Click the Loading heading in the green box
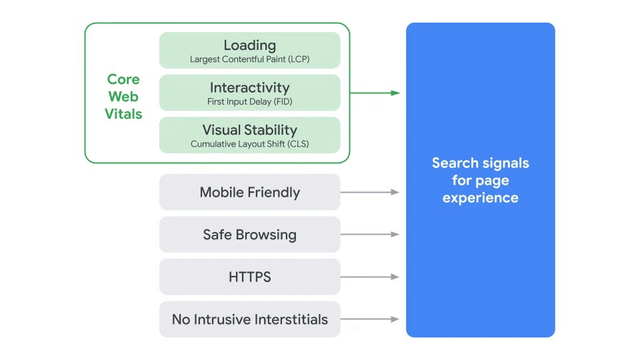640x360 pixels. [250, 45]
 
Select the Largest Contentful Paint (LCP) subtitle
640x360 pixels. [250, 59]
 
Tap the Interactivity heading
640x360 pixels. [250, 87]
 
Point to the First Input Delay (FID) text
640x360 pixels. [250, 102]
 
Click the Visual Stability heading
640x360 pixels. [250, 130]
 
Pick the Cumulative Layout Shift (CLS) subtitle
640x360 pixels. [250, 144]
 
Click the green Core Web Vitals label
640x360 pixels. [123, 97]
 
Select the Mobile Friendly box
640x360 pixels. [250, 193]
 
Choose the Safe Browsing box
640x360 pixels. [250, 235]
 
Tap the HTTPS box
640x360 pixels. [250, 277]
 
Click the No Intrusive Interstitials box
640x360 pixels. [250, 319]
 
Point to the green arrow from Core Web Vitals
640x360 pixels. [375, 93]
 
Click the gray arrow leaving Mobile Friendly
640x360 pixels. [370, 192]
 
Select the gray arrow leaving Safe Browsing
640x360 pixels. [370, 235]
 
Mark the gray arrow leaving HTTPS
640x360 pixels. [370, 277]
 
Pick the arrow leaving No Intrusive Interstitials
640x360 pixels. [370, 319]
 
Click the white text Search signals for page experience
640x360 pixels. [480, 180]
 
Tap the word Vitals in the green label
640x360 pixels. [123, 114]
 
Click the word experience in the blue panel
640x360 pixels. [480, 197]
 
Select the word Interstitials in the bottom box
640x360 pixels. [287, 319]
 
